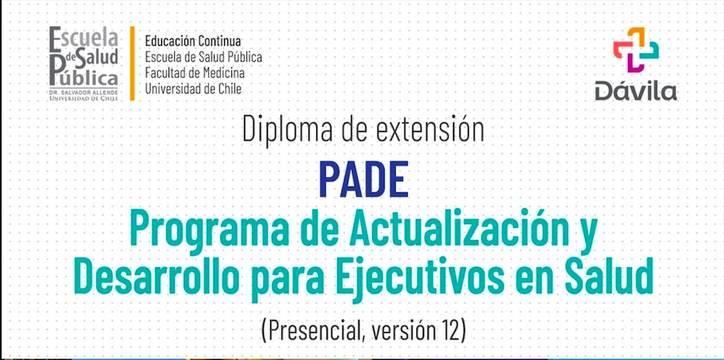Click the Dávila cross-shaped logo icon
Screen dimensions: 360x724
click(636, 50)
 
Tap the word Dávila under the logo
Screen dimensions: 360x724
click(636, 91)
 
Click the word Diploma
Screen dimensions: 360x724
click(288, 130)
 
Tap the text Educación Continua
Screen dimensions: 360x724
click(192, 41)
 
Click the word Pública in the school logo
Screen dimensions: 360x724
click(83, 78)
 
